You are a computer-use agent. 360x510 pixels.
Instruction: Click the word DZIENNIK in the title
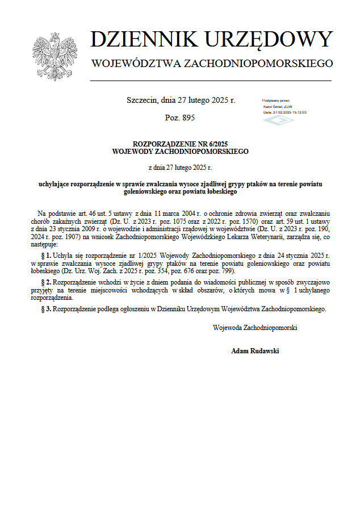coord(144,39)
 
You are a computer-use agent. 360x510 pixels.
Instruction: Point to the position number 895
coord(188,118)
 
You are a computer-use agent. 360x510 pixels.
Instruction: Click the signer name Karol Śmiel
coord(275,106)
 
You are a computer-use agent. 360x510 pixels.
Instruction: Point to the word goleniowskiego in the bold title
coord(145,192)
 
